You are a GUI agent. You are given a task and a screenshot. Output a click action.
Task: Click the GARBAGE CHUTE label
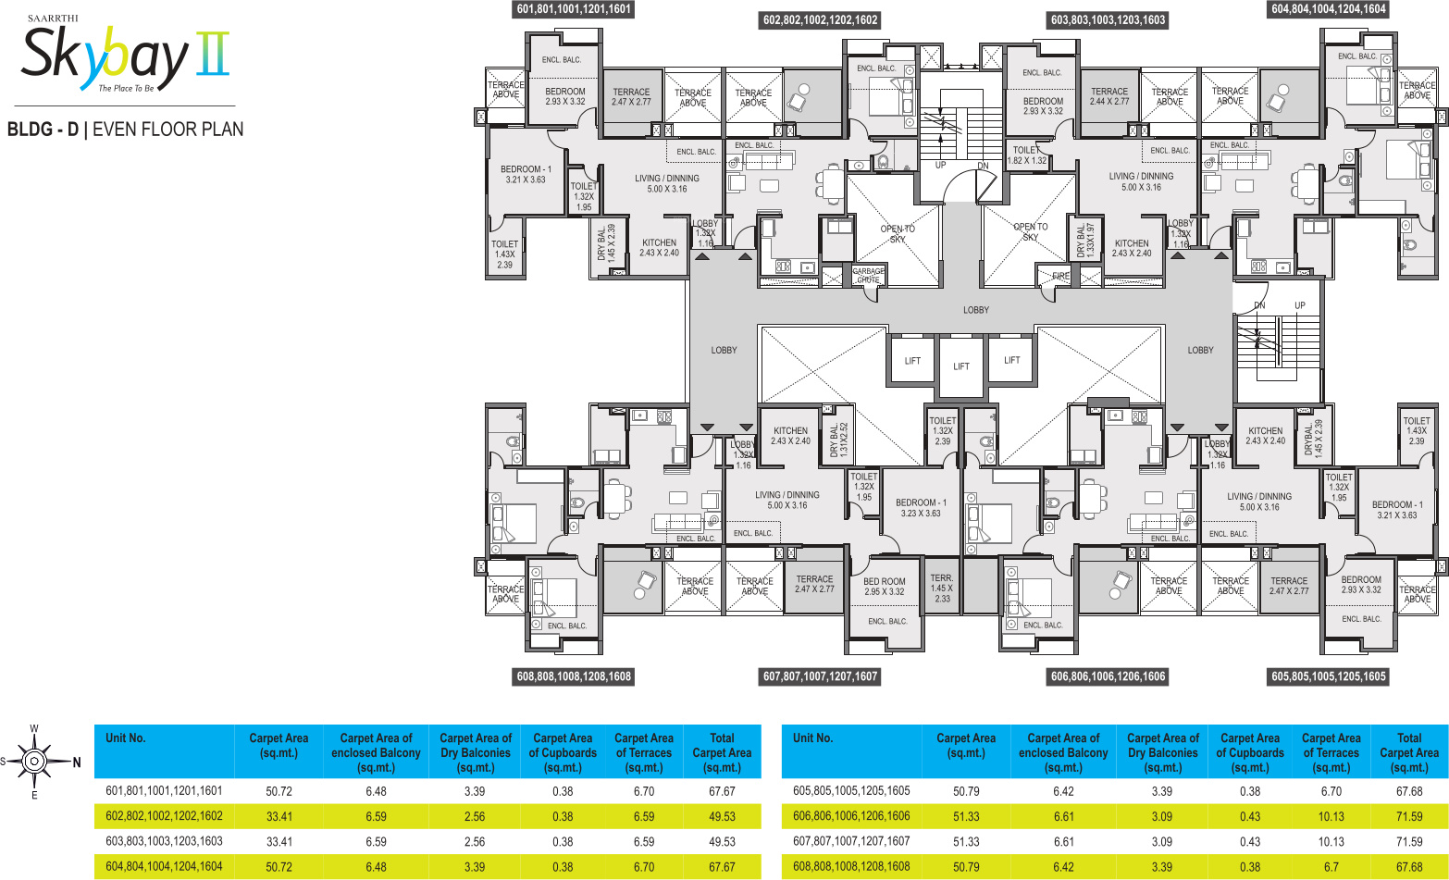coord(868,275)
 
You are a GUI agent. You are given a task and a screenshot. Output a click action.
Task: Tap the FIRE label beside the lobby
coord(1060,276)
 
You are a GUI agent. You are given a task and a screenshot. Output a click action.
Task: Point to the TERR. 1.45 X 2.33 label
coord(941,589)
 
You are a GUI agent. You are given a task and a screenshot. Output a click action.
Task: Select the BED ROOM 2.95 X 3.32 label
coord(885,587)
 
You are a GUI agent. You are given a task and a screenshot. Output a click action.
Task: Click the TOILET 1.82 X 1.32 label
coord(1026,155)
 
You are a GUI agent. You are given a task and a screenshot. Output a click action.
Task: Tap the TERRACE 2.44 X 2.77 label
coord(1109,96)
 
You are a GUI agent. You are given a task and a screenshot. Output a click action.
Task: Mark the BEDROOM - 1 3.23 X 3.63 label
coord(921,508)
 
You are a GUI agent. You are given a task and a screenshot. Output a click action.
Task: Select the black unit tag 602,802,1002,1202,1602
coord(821,19)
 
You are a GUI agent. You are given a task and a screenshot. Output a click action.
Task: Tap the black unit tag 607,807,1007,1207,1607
coord(820,676)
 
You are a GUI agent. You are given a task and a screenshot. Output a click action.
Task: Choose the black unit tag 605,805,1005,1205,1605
coord(1328,676)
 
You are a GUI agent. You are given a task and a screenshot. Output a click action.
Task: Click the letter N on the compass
coord(78,762)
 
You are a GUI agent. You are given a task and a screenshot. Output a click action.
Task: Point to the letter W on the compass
coord(34,728)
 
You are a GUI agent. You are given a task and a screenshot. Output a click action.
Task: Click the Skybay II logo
coord(124,56)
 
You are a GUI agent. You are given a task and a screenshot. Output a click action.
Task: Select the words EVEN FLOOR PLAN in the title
coord(168,130)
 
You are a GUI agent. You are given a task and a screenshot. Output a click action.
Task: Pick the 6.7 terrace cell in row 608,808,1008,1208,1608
coord(1331,867)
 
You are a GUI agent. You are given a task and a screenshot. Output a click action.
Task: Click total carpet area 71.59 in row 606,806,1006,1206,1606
coord(1409,816)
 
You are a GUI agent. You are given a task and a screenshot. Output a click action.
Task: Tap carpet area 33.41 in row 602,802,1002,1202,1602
coord(279,816)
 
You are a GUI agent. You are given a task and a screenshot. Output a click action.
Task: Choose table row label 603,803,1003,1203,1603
coord(164,842)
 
